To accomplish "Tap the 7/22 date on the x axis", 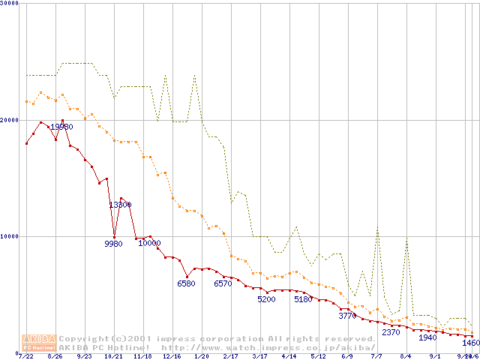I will tap(25, 356).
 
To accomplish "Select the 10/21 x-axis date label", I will tap(113, 356).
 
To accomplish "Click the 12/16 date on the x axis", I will tap(172, 356).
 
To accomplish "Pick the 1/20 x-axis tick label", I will tap(201, 356).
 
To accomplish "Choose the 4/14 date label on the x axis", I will tap(289, 356).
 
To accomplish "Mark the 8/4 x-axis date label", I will tap(406, 356).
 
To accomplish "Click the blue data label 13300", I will tap(120, 205).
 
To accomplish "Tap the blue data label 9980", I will tap(113, 244).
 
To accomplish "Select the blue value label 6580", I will tap(186, 283).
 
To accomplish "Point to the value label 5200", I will tap(266, 299).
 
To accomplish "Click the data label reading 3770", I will tap(347, 316).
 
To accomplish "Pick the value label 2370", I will tap(391, 332).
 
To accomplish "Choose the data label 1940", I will tap(427, 337).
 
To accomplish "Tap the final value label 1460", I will tap(470, 343).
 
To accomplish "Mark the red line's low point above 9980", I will tap(114, 237).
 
